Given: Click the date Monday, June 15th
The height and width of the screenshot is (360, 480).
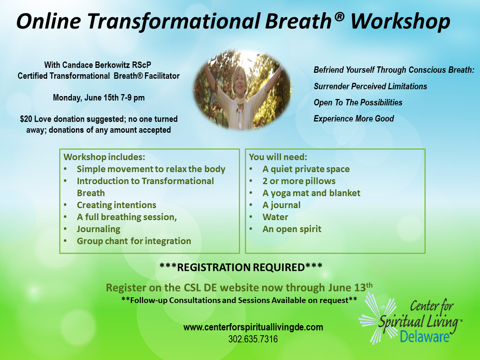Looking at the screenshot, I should coord(85,98).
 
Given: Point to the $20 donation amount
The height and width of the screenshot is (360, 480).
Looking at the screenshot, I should coord(26,119).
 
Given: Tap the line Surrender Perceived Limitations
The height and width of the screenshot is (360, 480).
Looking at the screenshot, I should coord(370,87).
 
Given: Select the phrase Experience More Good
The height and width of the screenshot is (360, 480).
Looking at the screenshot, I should coord(354,119).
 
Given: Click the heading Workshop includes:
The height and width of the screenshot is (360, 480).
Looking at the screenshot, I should coord(104,157).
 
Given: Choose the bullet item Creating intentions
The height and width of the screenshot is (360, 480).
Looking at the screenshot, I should coord(116,205).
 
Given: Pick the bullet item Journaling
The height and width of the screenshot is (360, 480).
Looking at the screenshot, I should coord(98,229).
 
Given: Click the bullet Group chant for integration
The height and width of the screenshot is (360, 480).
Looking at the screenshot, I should coord(134,241).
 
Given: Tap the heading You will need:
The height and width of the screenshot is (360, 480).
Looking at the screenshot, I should coord(278,157).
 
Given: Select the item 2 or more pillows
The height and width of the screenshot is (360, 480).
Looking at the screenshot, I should coord(299,181).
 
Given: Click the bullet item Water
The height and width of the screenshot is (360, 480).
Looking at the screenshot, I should coord(275,217).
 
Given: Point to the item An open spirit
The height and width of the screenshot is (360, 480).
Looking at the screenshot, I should coord(292,229).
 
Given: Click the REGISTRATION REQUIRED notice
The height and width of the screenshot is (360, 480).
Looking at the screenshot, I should coord(241,267).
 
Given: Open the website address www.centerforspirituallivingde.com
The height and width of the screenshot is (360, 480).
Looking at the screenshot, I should coord(253,327).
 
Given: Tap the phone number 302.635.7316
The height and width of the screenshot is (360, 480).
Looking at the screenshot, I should coord(253,339).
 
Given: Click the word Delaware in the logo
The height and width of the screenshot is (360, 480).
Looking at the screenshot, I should coord(424,336).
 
